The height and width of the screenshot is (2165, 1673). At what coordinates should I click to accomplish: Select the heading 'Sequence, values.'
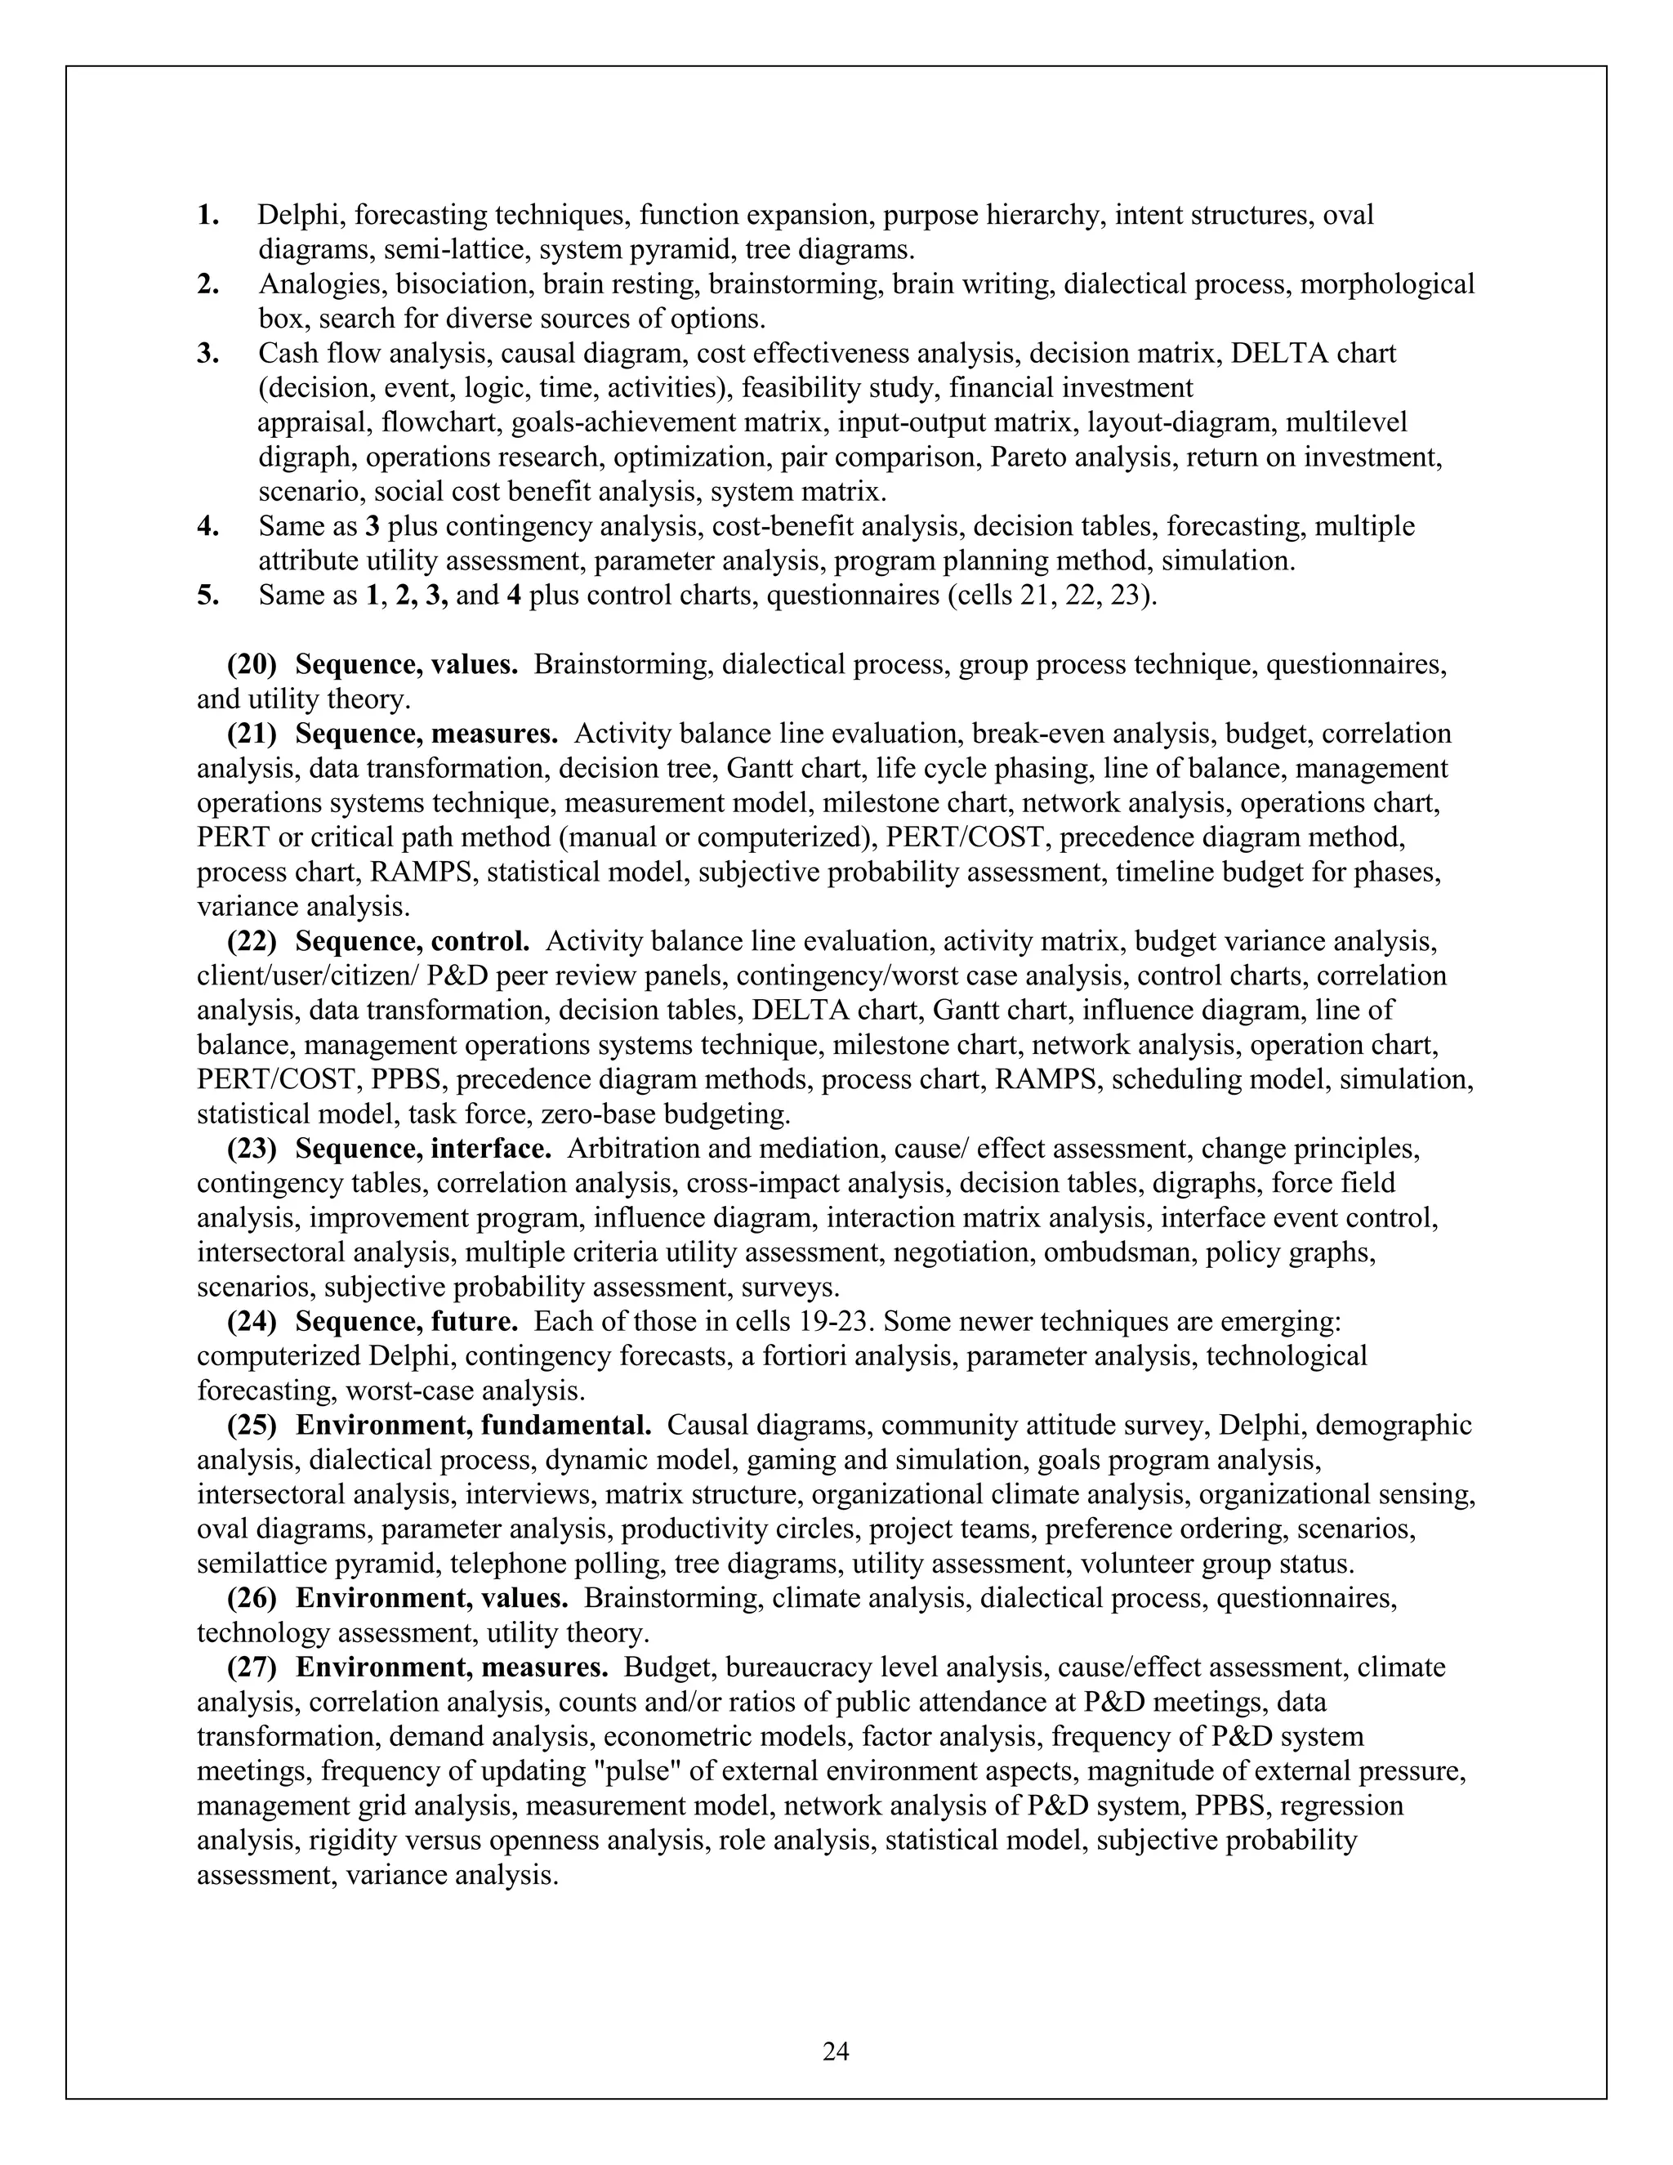[x=406, y=665]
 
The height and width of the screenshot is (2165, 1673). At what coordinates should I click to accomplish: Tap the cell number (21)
[x=252, y=734]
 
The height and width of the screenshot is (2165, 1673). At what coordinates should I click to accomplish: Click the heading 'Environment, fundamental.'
[x=473, y=1426]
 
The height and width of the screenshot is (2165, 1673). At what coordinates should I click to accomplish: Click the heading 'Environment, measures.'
[x=451, y=1668]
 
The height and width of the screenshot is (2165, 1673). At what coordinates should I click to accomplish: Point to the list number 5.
[x=207, y=596]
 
